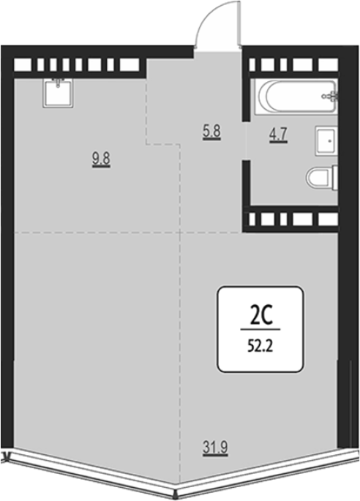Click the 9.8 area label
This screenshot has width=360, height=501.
pos(102,159)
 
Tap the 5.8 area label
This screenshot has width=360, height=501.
pos(211,132)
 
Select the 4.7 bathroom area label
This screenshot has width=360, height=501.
pos(279,135)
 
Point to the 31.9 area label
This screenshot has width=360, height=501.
pos(215,448)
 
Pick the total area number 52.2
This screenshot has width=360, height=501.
pos(260,346)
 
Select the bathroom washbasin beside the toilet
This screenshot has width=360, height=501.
pos(326,140)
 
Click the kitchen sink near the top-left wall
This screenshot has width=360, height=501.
pos(58,93)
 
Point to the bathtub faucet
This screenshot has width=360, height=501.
pos(331,96)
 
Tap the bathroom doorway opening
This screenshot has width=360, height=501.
pos(246,140)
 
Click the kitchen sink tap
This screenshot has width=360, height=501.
pos(58,83)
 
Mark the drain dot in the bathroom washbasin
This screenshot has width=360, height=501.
pos(329,140)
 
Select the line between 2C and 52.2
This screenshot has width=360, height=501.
pos(260,329)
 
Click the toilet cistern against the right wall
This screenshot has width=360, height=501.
pos(335,178)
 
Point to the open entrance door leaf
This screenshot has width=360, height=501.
pos(239,24)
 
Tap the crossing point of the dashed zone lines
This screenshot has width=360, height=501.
pos(181,233)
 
